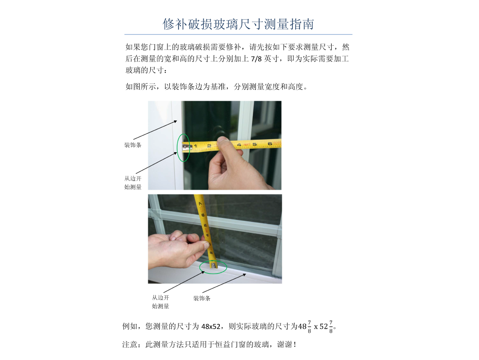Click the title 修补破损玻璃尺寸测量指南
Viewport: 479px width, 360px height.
point(238,24)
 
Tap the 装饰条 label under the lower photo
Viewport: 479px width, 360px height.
point(202,299)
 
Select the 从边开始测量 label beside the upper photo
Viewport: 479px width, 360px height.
point(132,183)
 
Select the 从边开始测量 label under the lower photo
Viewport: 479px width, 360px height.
point(160,302)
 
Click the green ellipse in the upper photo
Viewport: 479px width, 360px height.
point(183,148)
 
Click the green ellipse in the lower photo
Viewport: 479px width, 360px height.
point(213,266)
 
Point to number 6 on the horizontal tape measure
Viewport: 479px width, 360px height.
point(270,144)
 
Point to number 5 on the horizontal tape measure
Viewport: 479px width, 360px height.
point(255,144)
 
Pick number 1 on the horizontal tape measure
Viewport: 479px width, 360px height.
point(195,145)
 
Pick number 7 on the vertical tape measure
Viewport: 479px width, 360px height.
point(201,204)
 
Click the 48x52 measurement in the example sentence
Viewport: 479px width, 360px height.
point(211,327)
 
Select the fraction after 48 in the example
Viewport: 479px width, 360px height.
point(309,327)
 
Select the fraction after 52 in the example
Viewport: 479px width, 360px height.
point(331,327)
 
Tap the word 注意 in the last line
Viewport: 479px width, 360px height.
point(130,345)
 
